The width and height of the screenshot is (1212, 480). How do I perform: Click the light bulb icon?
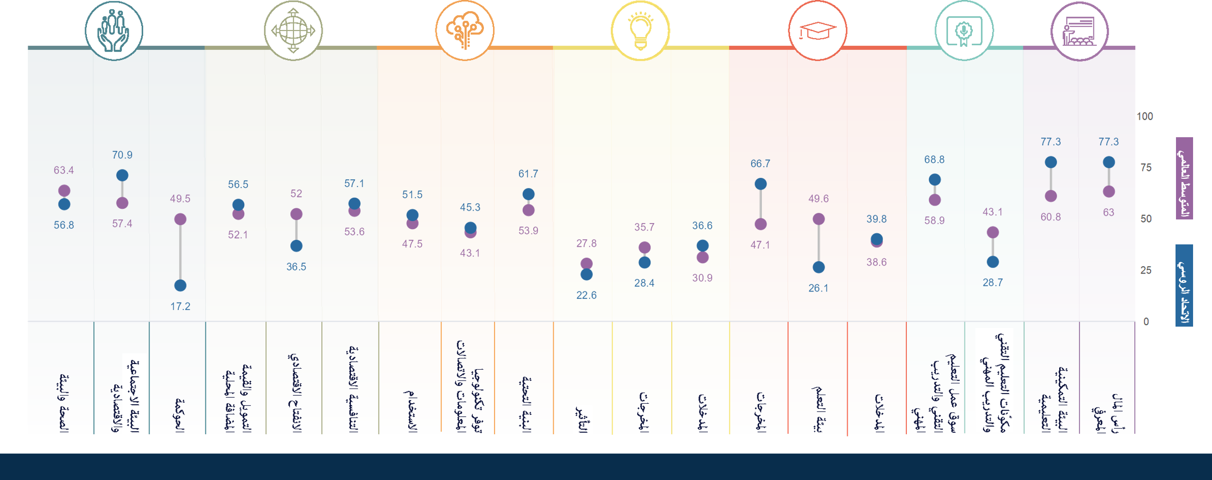click(640, 30)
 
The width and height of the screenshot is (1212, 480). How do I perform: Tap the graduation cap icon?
click(818, 30)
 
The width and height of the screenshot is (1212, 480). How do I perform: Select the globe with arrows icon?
click(293, 30)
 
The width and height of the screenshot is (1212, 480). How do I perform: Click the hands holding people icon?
click(114, 30)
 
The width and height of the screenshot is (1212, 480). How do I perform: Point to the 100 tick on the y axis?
click(1145, 116)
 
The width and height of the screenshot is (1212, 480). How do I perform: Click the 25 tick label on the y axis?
click(1146, 270)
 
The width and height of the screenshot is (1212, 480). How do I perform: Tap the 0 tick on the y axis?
click(1146, 322)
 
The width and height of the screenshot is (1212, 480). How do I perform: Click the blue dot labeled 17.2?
click(180, 286)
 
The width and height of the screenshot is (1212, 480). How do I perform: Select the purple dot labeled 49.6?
click(819, 219)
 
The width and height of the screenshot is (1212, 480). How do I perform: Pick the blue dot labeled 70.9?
click(122, 176)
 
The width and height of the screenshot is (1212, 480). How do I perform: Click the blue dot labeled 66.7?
click(760, 184)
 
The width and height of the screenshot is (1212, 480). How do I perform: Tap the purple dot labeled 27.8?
click(586, 263)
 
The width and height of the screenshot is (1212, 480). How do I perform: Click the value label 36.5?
click(296, 267)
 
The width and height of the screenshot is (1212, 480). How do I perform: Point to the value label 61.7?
click(528, 174)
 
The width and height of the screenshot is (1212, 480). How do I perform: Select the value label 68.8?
click(935, 160)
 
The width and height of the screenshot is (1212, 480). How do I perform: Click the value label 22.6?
click(586, 295)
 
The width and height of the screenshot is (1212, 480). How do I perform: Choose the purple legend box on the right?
click(1184, 178)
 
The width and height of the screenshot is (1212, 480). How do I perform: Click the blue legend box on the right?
click(1184, 285)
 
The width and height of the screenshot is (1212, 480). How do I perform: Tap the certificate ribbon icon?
click(964, 30)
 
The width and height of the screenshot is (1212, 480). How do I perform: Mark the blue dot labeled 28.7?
click(993, 261)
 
